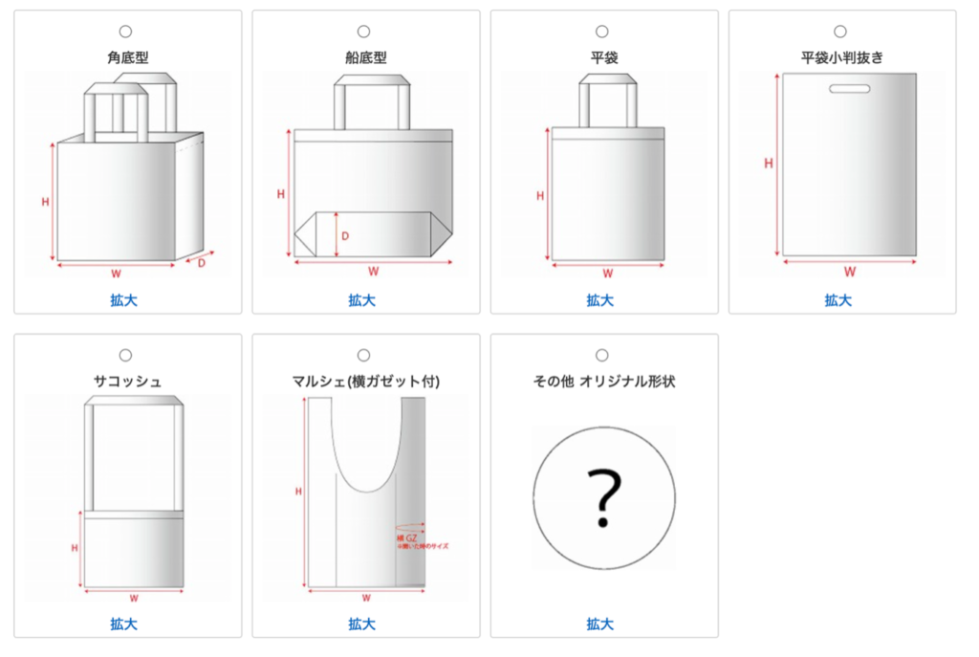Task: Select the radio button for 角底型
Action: (126, 32)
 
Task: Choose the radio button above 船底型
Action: (363, 32)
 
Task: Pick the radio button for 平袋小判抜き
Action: (840, 32)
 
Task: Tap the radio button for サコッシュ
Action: (126, 356)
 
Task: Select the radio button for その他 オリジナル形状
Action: (601, 356)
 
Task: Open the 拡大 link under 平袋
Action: (600, 300)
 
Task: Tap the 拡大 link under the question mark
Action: (600, 624)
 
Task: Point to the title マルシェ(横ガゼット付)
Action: (366, 382)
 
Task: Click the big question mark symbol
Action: (603, 497)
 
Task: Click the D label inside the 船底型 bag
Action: (345, 235)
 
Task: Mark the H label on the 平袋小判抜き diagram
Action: (768, 164)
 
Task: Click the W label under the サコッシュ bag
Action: (134, 600)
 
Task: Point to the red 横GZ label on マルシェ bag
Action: (407, 538)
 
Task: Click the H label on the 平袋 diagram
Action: (540, 196)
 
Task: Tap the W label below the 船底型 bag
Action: (374, 271)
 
